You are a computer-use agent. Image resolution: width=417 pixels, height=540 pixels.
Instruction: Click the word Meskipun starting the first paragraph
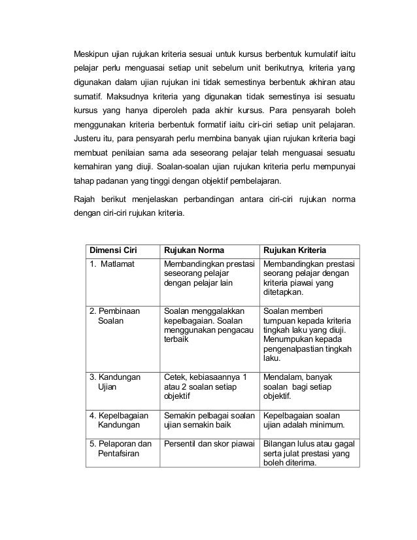pos(92,53)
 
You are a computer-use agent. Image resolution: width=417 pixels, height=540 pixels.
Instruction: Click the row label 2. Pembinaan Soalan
pos(114,316)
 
